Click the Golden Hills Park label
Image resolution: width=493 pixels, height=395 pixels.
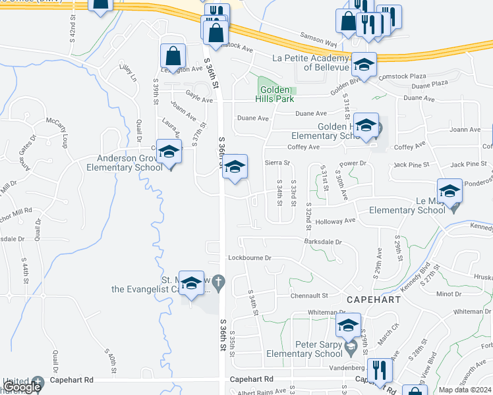pyautogui.click(x=275, y=94)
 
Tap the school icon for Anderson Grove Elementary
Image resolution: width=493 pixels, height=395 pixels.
pyautogui.click(x=169, y=153)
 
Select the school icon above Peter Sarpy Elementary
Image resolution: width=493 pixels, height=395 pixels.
pyautogui.click(x=349, y=325)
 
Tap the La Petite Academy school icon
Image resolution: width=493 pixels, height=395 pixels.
pyautogui.click(x=364, y=64)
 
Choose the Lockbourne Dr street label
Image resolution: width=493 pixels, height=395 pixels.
pyautogui.click(x=250, y=258)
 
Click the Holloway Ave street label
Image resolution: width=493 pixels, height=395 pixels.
pyautogui.click(x=339, y=221)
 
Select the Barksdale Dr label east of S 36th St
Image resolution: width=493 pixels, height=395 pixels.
pyautogui.click(x=323, y=242)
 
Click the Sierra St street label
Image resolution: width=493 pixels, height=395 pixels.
pyautogui.click(x=277, y=162)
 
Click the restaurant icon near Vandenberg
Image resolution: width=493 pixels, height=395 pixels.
pyautogui.click(x=379, y=369)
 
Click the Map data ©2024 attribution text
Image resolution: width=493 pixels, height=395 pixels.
pyautogui.click(x=465, y=390)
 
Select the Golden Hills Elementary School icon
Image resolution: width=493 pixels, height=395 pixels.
pyautogui.click(x=366, y=125)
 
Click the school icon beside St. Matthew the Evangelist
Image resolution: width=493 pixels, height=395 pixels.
pyautogui.click(x=191, y=283)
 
